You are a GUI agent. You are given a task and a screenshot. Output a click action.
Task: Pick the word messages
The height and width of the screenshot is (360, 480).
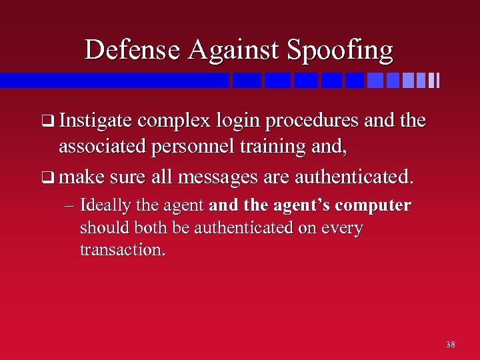(245, 178)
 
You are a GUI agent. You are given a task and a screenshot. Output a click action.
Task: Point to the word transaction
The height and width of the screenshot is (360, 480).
(123, 250)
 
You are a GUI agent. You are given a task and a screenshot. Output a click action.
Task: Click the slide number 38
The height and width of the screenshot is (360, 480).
(451, 345)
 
